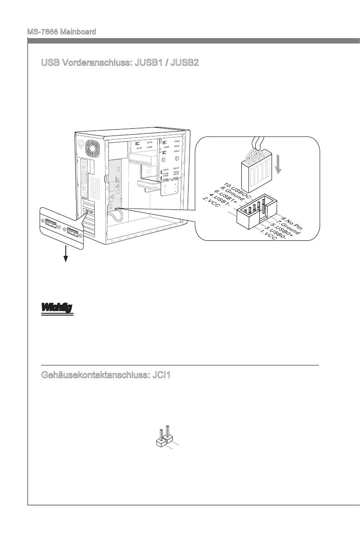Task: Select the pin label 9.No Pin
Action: point(292,219)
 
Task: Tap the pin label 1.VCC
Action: point(269,235)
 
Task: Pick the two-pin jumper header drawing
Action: point(164,436)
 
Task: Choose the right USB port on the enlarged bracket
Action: point(72,234)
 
